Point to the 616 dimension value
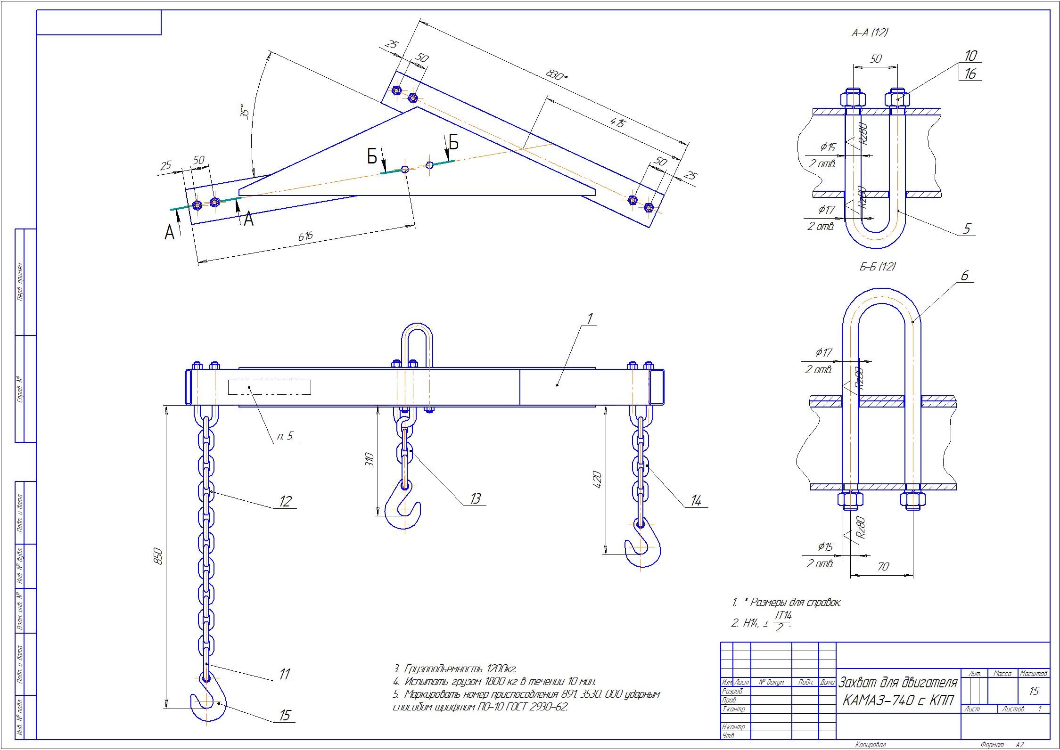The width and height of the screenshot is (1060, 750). (x=305, y=236)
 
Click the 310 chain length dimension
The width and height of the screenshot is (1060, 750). (x=370, y=459)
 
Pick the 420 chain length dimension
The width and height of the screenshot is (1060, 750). (x=597, y=479)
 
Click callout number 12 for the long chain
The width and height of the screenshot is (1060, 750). (x=285, y=501)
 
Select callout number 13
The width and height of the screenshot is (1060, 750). (x=475, y=498)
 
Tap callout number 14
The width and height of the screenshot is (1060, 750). (x=696, y=501)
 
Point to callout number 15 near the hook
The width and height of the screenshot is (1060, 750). (x=285, y=715)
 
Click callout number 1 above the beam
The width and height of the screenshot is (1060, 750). (x=589, y=318)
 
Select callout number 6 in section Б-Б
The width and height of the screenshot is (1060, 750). (x=964, y=276)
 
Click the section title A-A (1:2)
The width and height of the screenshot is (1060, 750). (x=870, y=33)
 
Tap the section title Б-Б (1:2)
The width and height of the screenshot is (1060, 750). (x=877, y=267)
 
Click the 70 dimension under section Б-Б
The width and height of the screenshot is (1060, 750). (x=883, y=567)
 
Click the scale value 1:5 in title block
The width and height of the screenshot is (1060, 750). (x=1034, y=692)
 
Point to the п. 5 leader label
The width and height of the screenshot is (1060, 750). (x=285, y=436)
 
